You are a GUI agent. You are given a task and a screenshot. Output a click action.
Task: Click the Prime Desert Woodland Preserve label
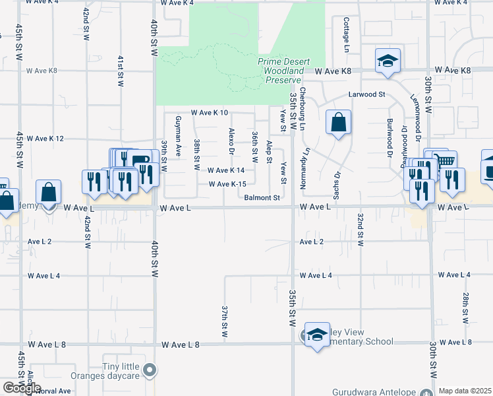click(284, 70)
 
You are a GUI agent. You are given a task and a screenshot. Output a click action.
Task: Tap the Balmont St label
click(262, 197)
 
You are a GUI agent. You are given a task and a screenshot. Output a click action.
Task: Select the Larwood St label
click(366, 94)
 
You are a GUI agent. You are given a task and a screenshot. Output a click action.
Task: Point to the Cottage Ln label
click(345, 34)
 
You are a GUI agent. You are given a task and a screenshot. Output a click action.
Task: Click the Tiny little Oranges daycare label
click(123, 372)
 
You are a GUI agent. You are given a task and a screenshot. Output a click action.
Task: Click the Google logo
click(22, 388)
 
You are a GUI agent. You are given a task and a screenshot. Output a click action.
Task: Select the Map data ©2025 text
click(465, 391)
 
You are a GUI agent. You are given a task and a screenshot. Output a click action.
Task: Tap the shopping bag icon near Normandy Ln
click(338, 122)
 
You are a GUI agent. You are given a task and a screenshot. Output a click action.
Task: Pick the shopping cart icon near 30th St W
click(445, 162)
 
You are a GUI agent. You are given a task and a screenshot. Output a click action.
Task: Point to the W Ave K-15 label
click(227, 184)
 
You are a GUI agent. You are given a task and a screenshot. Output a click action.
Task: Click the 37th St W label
click(225, 321)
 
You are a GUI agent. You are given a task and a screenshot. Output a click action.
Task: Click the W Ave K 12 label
click(47, 139)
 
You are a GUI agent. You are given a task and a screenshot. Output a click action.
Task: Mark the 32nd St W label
click(361, 230)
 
